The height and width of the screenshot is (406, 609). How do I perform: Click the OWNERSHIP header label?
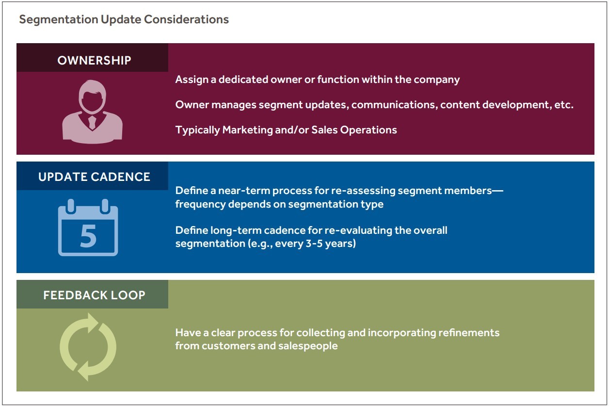pos(94,61)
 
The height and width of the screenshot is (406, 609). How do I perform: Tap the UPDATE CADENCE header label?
pos(94,177)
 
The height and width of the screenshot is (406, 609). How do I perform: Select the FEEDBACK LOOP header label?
pos(94,295)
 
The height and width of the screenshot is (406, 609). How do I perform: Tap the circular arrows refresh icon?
pos(88,346)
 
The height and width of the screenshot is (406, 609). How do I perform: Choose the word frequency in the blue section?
pos(199,204)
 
